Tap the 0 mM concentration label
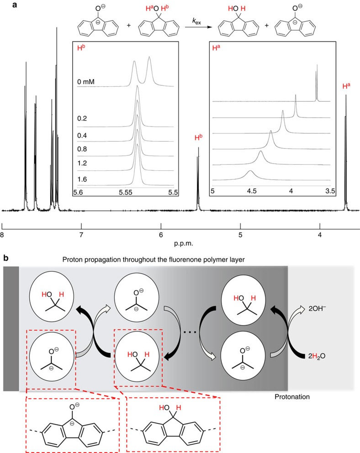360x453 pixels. pyautogui.click(x=85, y=83)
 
